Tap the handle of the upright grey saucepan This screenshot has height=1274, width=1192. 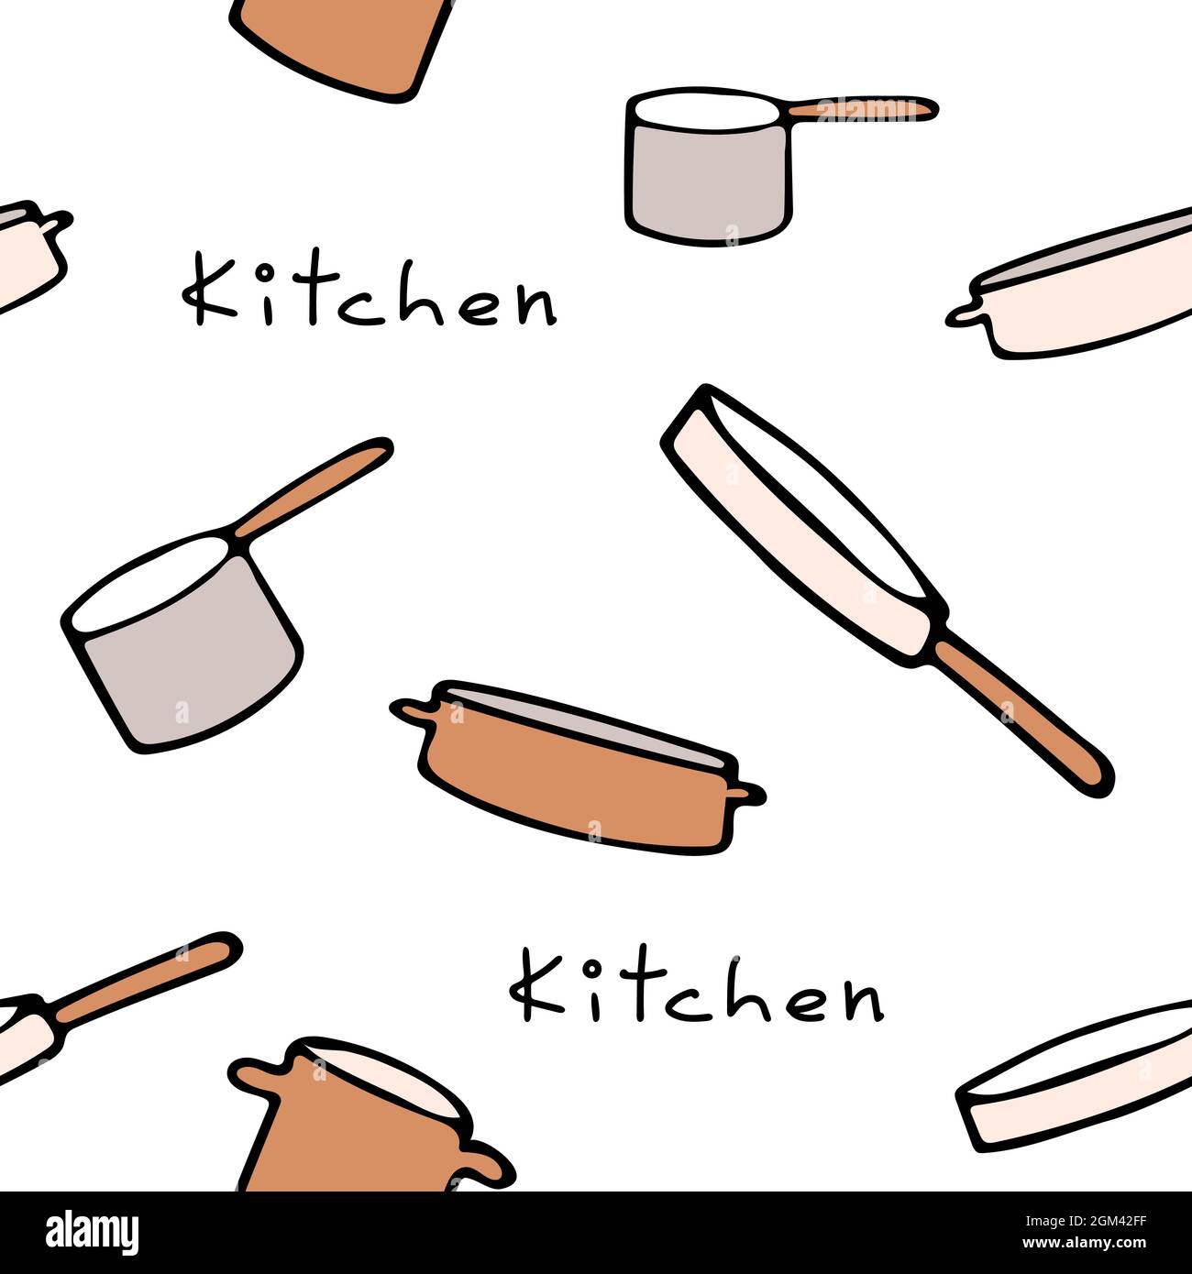tap(862, 108)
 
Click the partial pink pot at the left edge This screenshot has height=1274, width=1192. tap(28, 257)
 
